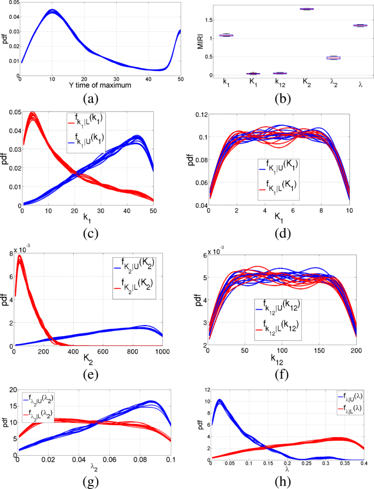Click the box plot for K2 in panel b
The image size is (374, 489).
tap(307, 9)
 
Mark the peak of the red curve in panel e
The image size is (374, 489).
tap(21, 257)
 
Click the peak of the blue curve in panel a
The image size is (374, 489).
tap(52, 11)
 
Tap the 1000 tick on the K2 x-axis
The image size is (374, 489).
tap(163, 352)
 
